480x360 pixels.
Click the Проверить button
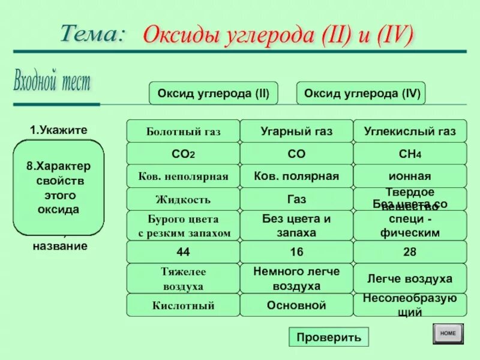[328, 337]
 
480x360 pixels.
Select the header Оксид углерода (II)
[213, 94]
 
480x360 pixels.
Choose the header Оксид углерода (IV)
[361, 94]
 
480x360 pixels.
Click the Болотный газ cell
[183, 131]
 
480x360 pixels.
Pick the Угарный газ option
[296, 131]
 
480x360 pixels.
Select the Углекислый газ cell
[410, 131]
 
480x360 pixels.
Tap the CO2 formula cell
[183, 154]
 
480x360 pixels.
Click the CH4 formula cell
[410, 154]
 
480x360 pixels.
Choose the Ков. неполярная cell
[183, 176]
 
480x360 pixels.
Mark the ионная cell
[410, 176]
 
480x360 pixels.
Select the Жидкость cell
[183, 199]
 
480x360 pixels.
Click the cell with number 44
[183, 252]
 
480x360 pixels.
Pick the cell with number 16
[296, 252]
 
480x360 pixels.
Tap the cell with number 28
[410, 252]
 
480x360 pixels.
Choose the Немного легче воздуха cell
[296, 278]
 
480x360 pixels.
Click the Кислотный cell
[183, 305]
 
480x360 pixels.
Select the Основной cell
[296, 305]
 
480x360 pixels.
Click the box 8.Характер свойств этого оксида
[59, 188]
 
